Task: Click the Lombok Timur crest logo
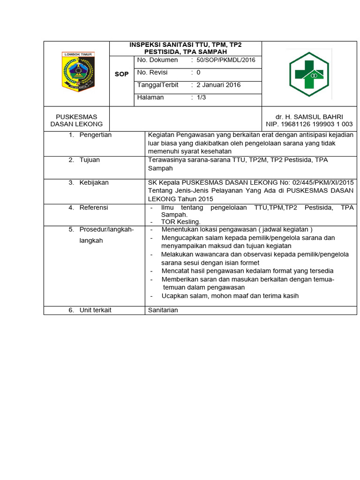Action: (78, 72)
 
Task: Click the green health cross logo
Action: (309, 73)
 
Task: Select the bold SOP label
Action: (121, 75)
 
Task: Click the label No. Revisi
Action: (152, 73)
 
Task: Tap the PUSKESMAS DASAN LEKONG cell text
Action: (76, 120)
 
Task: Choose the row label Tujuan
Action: (90, 160)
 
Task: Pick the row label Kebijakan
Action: (94, 183)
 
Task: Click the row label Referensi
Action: (94, 208)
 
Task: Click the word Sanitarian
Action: (163, 310)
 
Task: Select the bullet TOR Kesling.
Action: (180, 222)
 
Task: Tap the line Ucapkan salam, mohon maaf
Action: (230, 296)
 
